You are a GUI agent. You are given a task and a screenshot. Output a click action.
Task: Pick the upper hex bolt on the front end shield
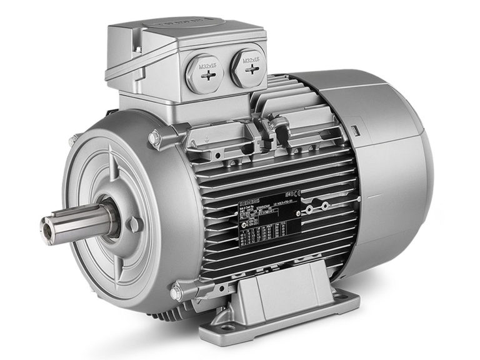[x=154, y=137]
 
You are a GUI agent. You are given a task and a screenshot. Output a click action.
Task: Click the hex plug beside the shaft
[x=132, y=224]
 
